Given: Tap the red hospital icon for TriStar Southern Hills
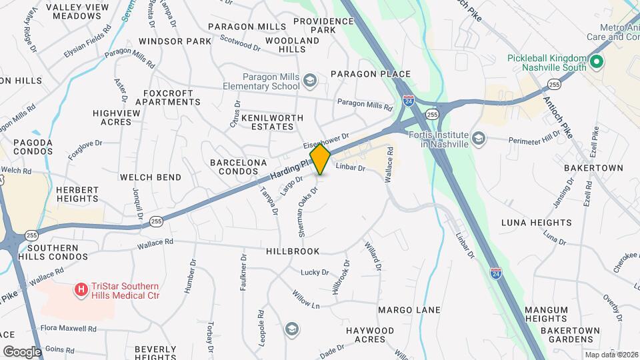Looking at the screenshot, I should click(x=81, y=289).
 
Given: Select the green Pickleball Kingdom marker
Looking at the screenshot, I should click(x=596, y=63).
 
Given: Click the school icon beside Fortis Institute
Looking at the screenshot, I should click(x=478, y=138).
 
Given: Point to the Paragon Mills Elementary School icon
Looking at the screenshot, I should click(x=310, y=81).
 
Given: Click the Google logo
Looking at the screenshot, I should click(x=22, y=351).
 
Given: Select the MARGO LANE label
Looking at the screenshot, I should click(x=409, y=310).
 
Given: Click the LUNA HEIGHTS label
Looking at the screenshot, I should click(x=545, y=222).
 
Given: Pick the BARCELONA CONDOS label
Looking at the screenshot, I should click(x=238, y=167).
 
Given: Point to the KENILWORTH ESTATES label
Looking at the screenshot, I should click(x=267, y=121).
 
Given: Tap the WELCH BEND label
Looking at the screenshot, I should click(x=150, y=177).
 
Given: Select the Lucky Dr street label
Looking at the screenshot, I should click(x=315, y=272).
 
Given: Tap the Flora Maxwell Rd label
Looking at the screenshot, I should click(x=68, y=329).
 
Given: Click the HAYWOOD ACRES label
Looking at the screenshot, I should click(x=370, y=335).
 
